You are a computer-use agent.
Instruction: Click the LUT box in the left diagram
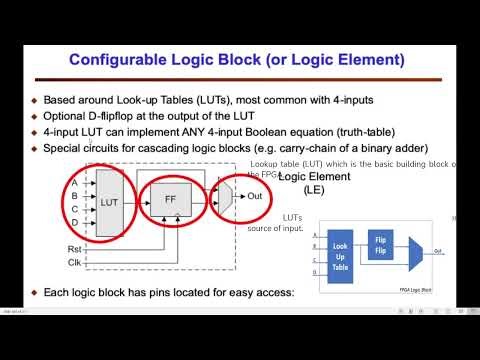click(x=109, y=200)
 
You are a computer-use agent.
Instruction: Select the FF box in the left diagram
click(x=169, y=200)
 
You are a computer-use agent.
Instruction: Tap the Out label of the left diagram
click(x=256, y=195)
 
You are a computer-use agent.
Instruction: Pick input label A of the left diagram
click(x=74, y=182)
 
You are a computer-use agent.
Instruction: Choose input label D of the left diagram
click(x=74, y=221)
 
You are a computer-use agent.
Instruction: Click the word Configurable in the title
click(x=119, y=61)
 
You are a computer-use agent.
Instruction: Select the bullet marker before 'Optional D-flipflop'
click(x=34, y=116)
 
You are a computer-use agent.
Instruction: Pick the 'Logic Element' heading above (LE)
click(x=318, y=176)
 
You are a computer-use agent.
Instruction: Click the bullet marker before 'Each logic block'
click(x=34, y=293)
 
